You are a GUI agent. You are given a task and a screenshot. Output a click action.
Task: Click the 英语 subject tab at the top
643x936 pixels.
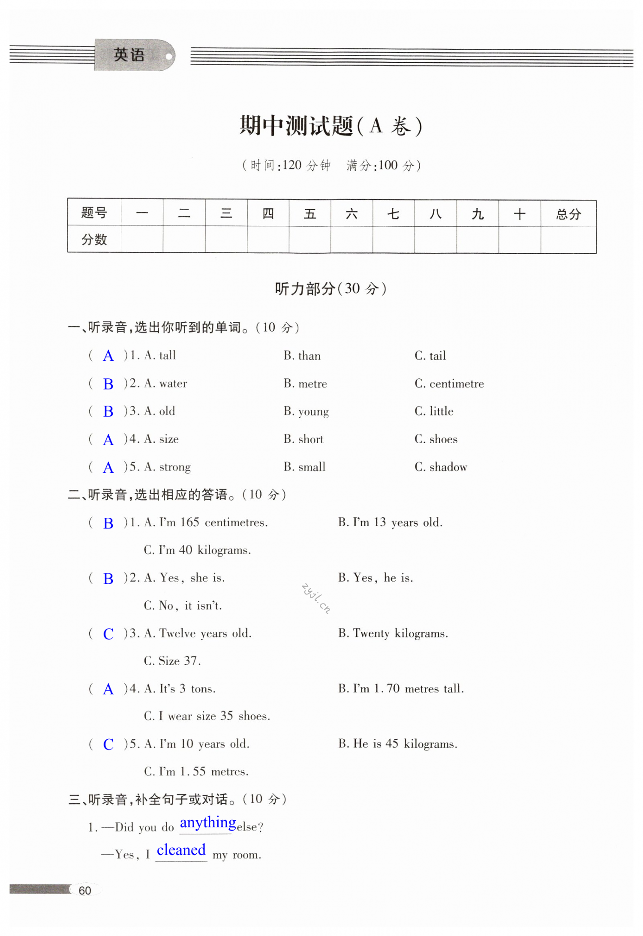pyautogui.click(x=129, y=55)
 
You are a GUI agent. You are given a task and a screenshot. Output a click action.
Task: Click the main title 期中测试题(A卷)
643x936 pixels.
pyautogui.click(x=331, y=126)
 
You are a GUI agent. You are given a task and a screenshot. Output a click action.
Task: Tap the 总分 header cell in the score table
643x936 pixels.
pyautogui.click(x=568, y=214)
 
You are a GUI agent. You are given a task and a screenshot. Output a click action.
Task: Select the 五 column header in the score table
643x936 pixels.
pyautogui.click(x=309, y=214)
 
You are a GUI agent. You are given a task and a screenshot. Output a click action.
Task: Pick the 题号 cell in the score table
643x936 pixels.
pyautogui.click(x=94, y=213)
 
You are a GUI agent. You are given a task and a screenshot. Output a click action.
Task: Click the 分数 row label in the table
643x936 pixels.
pyautogui.click(x=94, y=240)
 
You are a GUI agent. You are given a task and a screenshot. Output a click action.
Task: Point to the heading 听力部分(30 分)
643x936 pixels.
pyautogui.click(x=331, y=289)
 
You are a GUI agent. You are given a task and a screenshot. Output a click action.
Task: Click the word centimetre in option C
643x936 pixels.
pyautogui.click(x=457, y=384)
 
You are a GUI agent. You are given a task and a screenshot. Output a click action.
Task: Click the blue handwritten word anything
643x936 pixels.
pyautogui.click(x=208, y=823)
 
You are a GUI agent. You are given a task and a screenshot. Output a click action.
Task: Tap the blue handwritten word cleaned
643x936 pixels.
pyautogui.click(x=181, y=850)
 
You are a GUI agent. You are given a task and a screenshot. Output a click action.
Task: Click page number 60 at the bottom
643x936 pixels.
pyautogui.click(x=85, y=891)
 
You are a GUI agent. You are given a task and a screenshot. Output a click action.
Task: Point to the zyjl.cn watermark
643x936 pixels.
pyautogui.click(x=316, y=598)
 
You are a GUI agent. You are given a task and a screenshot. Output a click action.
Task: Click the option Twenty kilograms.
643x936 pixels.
pyautogui.click(x=400, y=633)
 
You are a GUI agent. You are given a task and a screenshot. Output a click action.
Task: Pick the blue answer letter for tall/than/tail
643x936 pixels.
pyautogui.click(x=108, y=356)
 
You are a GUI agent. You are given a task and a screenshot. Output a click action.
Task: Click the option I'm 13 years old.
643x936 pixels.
pyautogui.click(x=397, y=522)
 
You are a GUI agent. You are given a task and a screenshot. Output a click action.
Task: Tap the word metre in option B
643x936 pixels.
pyautogui.click(x=312, y=384)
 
